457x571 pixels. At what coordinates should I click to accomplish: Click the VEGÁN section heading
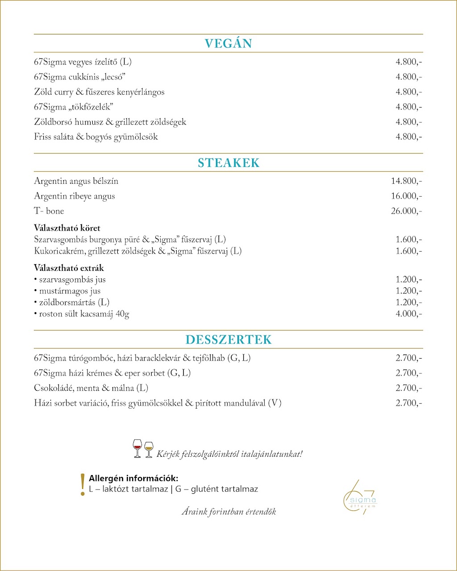[228, 44]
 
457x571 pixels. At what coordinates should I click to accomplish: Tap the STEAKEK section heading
[228, 163]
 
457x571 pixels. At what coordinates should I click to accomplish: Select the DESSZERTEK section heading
[228, 339]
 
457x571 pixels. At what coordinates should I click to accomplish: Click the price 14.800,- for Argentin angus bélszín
[406, 181]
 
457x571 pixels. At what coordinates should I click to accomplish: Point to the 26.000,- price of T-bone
[406, 211]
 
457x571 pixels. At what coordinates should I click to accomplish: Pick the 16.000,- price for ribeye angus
[406, 196]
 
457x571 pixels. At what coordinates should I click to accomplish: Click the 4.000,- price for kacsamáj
[408, 314]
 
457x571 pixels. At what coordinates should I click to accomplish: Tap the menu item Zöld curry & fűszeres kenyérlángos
[99, 92]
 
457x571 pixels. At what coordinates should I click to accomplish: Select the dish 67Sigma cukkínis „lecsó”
[79, 77]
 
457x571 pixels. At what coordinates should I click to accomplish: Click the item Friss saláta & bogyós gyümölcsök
[96, 137]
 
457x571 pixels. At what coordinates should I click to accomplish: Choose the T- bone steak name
[49, 211]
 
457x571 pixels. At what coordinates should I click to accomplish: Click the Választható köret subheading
[67, 228]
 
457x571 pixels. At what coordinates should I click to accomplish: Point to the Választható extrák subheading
[69, 268]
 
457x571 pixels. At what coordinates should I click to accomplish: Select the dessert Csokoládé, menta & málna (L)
[91, 388]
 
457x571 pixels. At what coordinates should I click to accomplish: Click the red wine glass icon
[137, 448]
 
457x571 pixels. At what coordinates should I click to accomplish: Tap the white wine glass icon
[149, 449]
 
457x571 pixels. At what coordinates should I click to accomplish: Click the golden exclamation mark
[82, 484]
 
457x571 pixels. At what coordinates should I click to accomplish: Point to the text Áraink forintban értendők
[228, 512]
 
